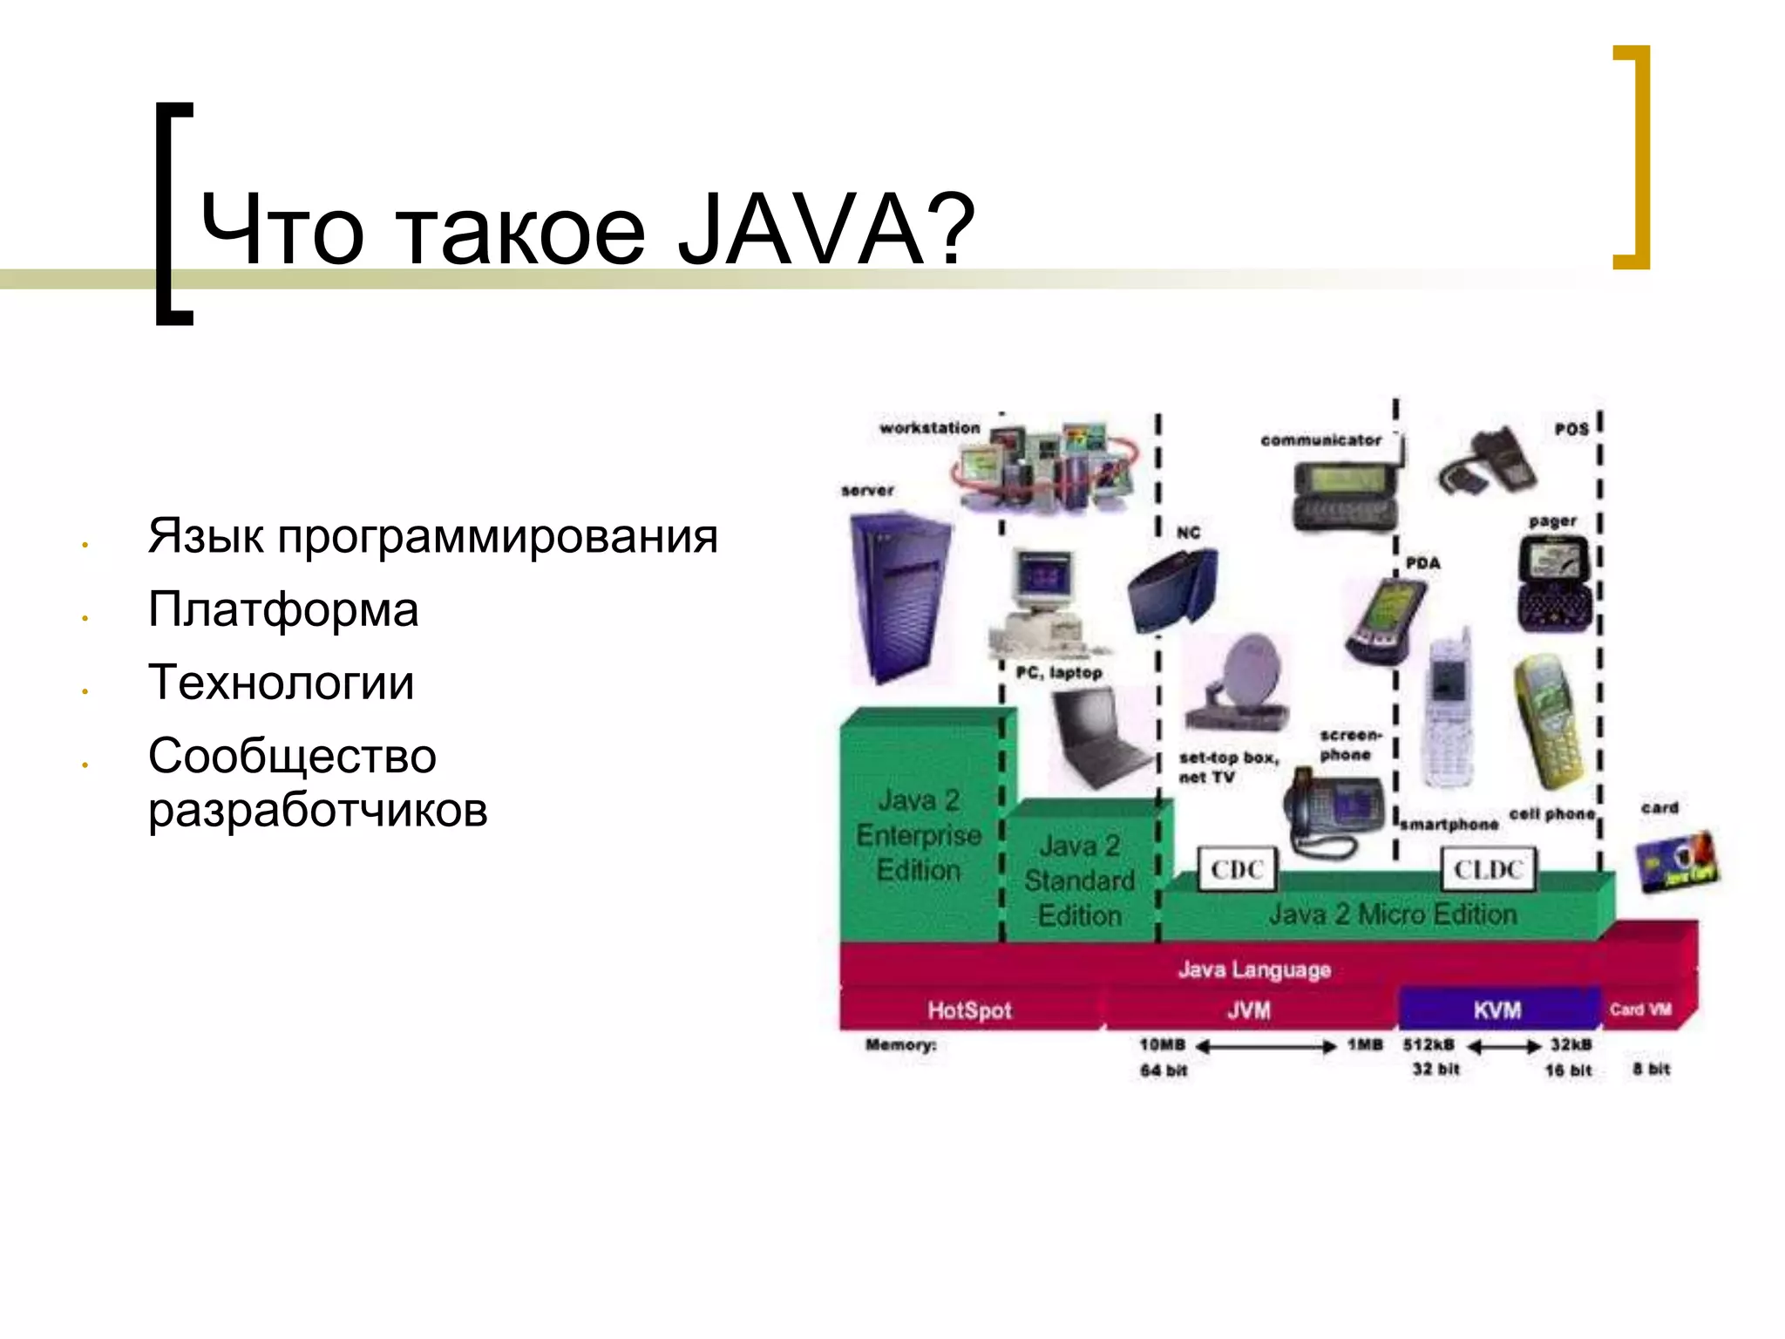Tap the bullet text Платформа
tap(283, 608)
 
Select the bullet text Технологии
tap(281, 682)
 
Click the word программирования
tap(497, 535)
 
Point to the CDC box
tap(1237, 869)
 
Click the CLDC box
tap(1488, 869)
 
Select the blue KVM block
tap(1498, 1009)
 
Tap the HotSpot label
tap(969, 1010)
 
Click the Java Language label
tap(1254, 969)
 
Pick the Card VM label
tap(1640, 1009)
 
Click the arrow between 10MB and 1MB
tap(1266, 1046)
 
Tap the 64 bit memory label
tap(1164, 1071)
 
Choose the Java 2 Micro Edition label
tap(1392, 914)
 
